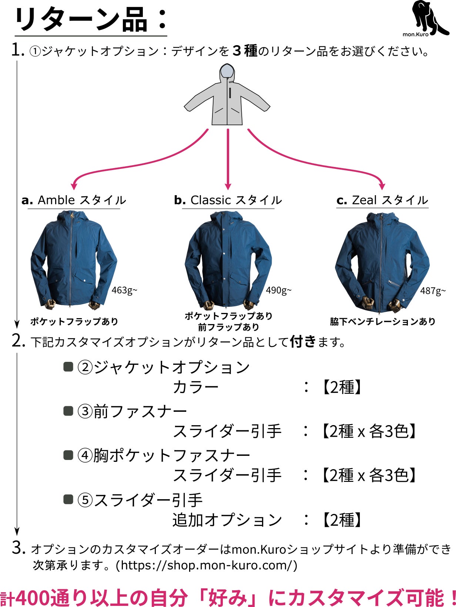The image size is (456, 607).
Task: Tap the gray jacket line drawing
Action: point(227,96)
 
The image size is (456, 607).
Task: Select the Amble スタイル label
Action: point(74,200)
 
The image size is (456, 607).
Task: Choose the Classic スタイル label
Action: point(228,200)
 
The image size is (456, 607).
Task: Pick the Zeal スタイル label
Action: point(382,200)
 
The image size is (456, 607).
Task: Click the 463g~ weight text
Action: point(124,290)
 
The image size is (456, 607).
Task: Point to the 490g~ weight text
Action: point(278,290)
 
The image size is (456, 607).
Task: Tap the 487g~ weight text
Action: point(433,291)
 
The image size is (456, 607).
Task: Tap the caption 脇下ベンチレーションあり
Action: point(383,321)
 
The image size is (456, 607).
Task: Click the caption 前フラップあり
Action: point(228,327)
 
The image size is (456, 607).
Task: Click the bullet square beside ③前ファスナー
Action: point(68,411)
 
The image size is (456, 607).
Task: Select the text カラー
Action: point(195,387)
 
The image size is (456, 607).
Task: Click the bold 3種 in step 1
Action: point(245,51)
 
